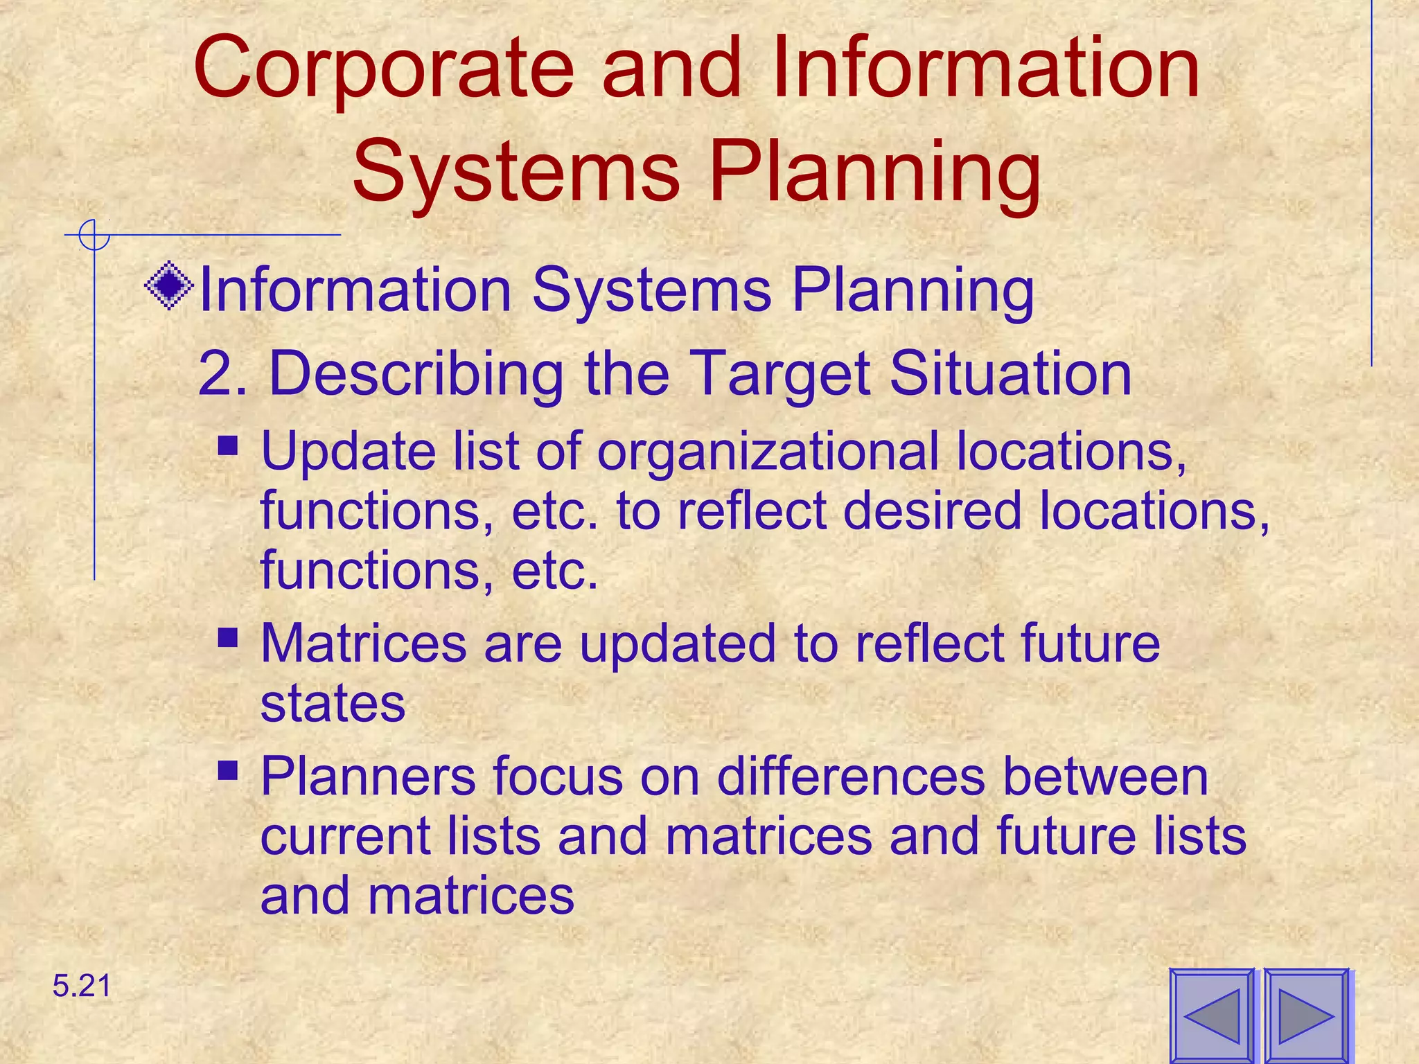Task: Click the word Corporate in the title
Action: (x=383, y=69)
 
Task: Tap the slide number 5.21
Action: (x=82, y=986)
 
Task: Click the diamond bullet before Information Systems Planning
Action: (x=169, y=285)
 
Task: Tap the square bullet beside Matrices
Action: (x=228, y=637)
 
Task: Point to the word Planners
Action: (x=368, y=777)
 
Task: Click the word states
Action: (x=333, y=704)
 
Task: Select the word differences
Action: (x=851, y=777)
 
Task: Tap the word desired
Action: (x=932, y=511)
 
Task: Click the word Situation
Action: (x=1010, y=374)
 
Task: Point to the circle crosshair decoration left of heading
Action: (x=94, y=235)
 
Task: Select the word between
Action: (x=1105, y=777)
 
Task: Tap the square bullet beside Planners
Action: (x=228, y=770)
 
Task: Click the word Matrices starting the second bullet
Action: (x=364, y=644)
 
